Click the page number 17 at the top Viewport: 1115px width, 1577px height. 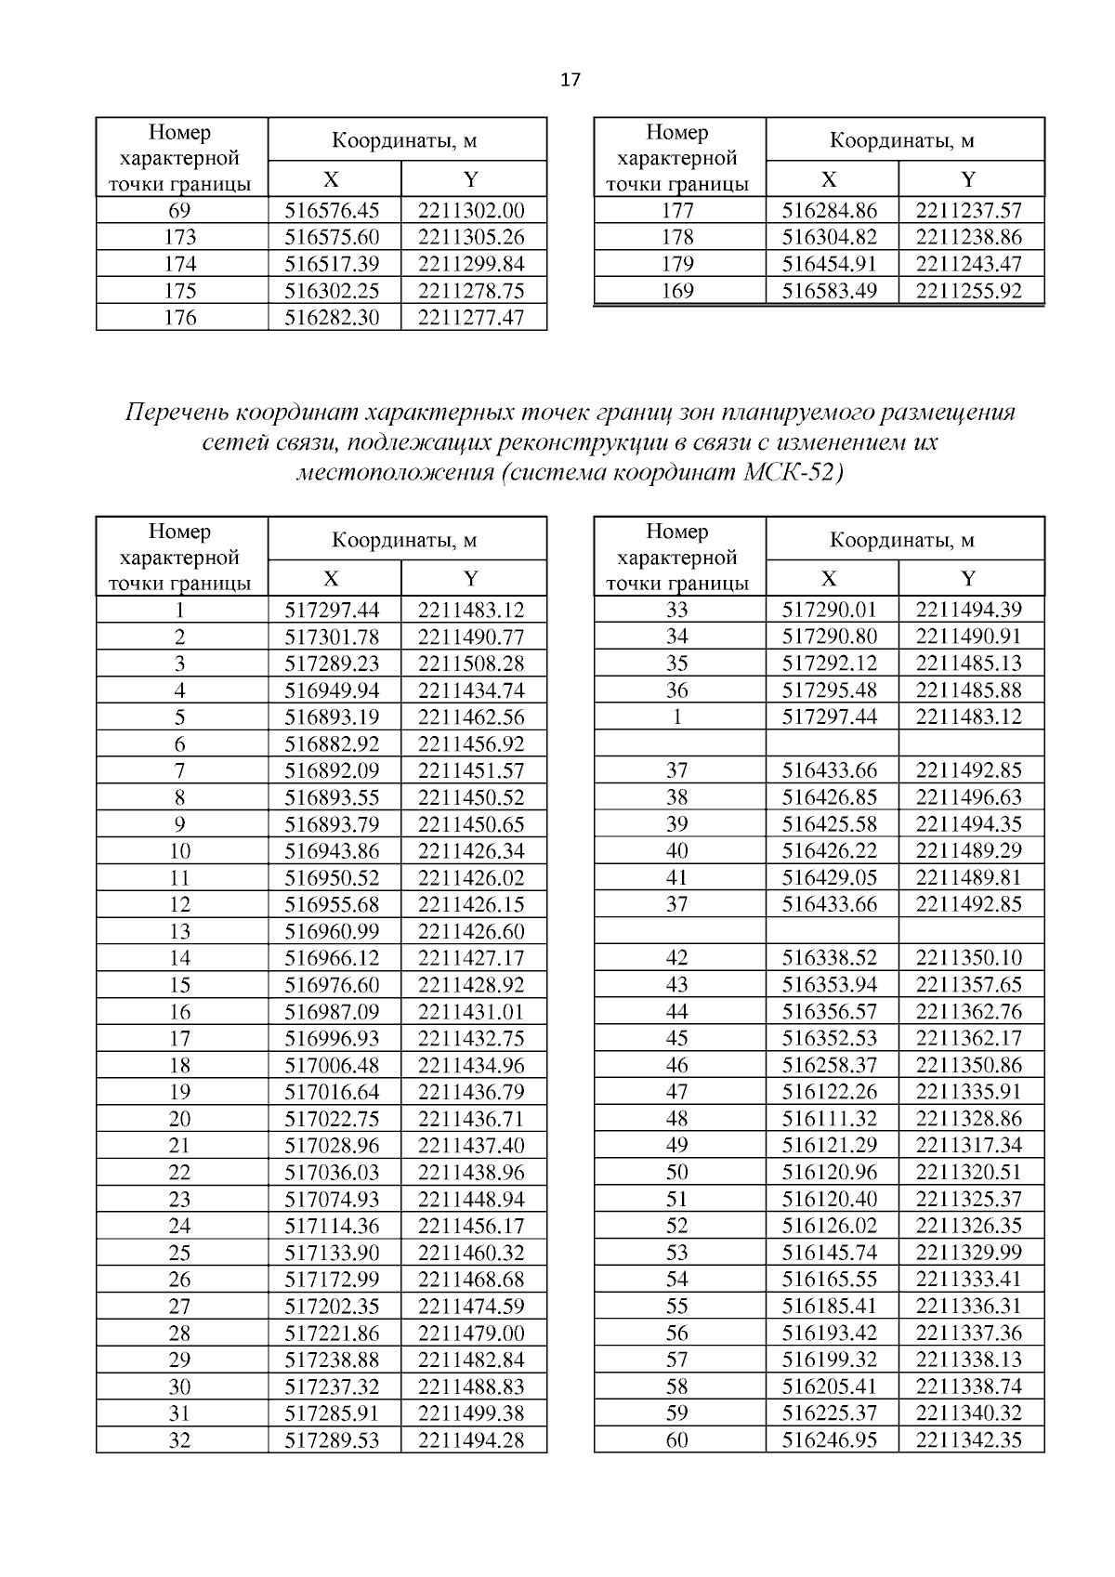571,80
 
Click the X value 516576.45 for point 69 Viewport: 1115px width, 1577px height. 333,210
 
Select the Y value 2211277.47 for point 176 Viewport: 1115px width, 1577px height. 471,318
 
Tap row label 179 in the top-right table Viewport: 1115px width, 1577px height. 677,264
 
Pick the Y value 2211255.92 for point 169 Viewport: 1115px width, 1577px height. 968,291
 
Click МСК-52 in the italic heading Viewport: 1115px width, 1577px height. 793,472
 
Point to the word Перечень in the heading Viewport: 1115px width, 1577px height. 177,412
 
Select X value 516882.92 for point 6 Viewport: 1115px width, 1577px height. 333,744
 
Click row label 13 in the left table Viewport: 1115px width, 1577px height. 179,932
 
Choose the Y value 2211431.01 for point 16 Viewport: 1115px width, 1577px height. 471,1012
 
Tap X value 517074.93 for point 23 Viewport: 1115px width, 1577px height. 333,1200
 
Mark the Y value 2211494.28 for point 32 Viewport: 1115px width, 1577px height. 471,1440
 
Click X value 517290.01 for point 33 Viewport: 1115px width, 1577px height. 830,610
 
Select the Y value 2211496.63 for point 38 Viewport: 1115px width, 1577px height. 968,797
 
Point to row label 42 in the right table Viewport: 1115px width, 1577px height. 677,958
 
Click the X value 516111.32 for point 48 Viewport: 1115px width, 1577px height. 830,1119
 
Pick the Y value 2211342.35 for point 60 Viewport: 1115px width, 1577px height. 968,1440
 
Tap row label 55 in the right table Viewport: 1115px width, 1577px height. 677,1307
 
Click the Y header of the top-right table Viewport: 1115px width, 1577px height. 968,179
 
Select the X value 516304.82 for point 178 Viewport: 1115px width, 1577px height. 830,237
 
